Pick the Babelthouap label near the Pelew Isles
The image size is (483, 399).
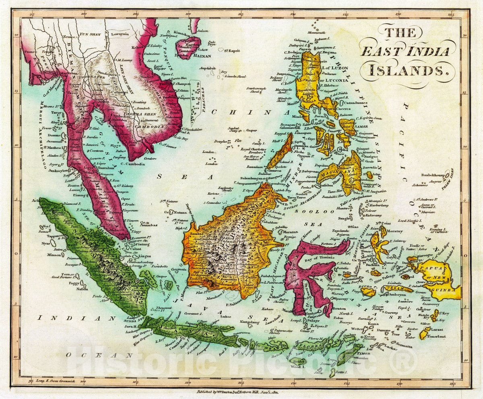click(421, 175)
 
